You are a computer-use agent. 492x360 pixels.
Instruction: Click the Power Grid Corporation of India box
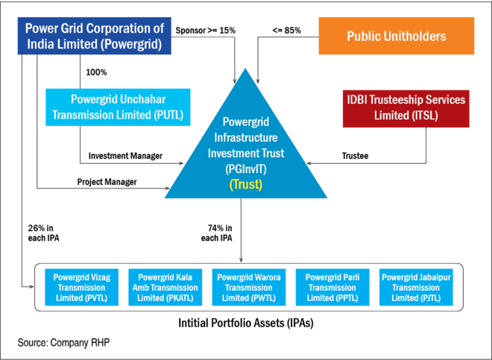pyautogui.click(x=95, y=37)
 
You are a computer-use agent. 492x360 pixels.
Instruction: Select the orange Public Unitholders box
pyautogui.click(x=396, y=37)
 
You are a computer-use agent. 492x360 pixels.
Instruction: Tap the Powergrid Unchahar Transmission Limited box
pyautogui.click(x=118, y=107)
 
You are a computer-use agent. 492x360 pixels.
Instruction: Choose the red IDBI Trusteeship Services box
pyautogui.click(x=406, y=108)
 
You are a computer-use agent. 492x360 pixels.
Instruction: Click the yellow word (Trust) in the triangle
pyautogui.click(x=245, y=184)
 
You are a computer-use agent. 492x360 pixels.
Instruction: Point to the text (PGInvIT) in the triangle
pyautogui.click(x=245, y=169)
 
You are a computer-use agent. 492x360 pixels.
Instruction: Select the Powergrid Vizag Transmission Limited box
pyautogui.click(x=81, y=287)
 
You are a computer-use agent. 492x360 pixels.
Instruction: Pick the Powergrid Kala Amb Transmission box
pyautogui.click(x=165, y=287)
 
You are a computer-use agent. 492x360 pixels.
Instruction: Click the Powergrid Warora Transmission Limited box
pyautogui.click(x=248, y=287)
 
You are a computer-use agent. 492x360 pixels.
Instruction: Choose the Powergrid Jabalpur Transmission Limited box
pyautogui.click(x=416, y=287)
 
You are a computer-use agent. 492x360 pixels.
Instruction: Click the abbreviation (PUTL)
pyautogui.click(x=166, y=116)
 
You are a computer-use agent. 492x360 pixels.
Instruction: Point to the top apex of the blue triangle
pyautogui.click(x=245, y=68)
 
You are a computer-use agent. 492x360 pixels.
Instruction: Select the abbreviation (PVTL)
pyautogui.click(x=96, y=298)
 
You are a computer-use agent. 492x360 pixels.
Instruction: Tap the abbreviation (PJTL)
pyautogui.click(x=431, y=298)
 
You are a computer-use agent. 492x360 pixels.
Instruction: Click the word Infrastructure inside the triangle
pyautogui.click(x=245, y=137)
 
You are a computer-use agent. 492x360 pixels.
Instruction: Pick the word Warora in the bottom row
pyautogui.click(x=266, y=277)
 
